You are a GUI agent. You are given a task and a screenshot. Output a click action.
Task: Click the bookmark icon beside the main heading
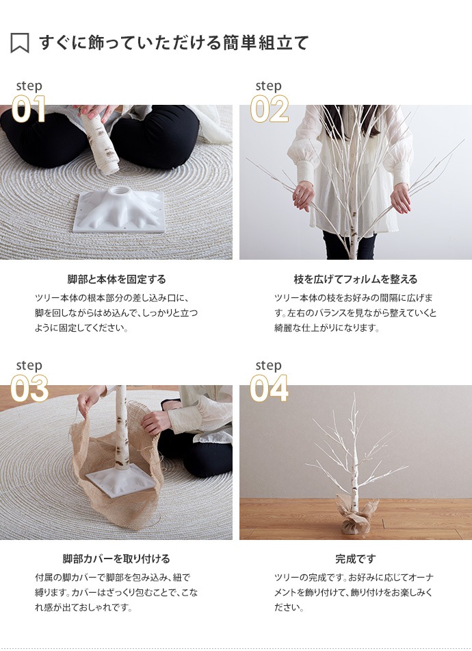click(x=20, y=43)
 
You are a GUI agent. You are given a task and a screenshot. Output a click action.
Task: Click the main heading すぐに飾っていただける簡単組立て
click(x=174, y=42)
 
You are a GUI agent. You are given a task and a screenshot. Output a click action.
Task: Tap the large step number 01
click(x=29, y=110)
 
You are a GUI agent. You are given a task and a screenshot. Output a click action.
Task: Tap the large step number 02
click(x=269, y=110)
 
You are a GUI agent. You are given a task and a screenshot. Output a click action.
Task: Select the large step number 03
click(x=29, y=389)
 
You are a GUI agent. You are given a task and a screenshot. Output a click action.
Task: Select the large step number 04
click(x=269, y=389)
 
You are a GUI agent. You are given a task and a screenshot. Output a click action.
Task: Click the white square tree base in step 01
click(x=120, y=209)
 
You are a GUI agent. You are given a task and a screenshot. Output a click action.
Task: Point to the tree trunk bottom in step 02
click(x=353, y=247)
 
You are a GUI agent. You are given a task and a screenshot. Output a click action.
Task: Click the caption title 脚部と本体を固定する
click(x=116, y=279)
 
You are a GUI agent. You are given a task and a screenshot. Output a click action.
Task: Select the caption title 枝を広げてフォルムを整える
click(x=355, y=279)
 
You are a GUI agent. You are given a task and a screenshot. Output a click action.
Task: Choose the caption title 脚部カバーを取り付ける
click(x=116, y=558)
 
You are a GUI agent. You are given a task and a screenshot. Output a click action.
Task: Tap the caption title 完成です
click(x=355, y=558)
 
